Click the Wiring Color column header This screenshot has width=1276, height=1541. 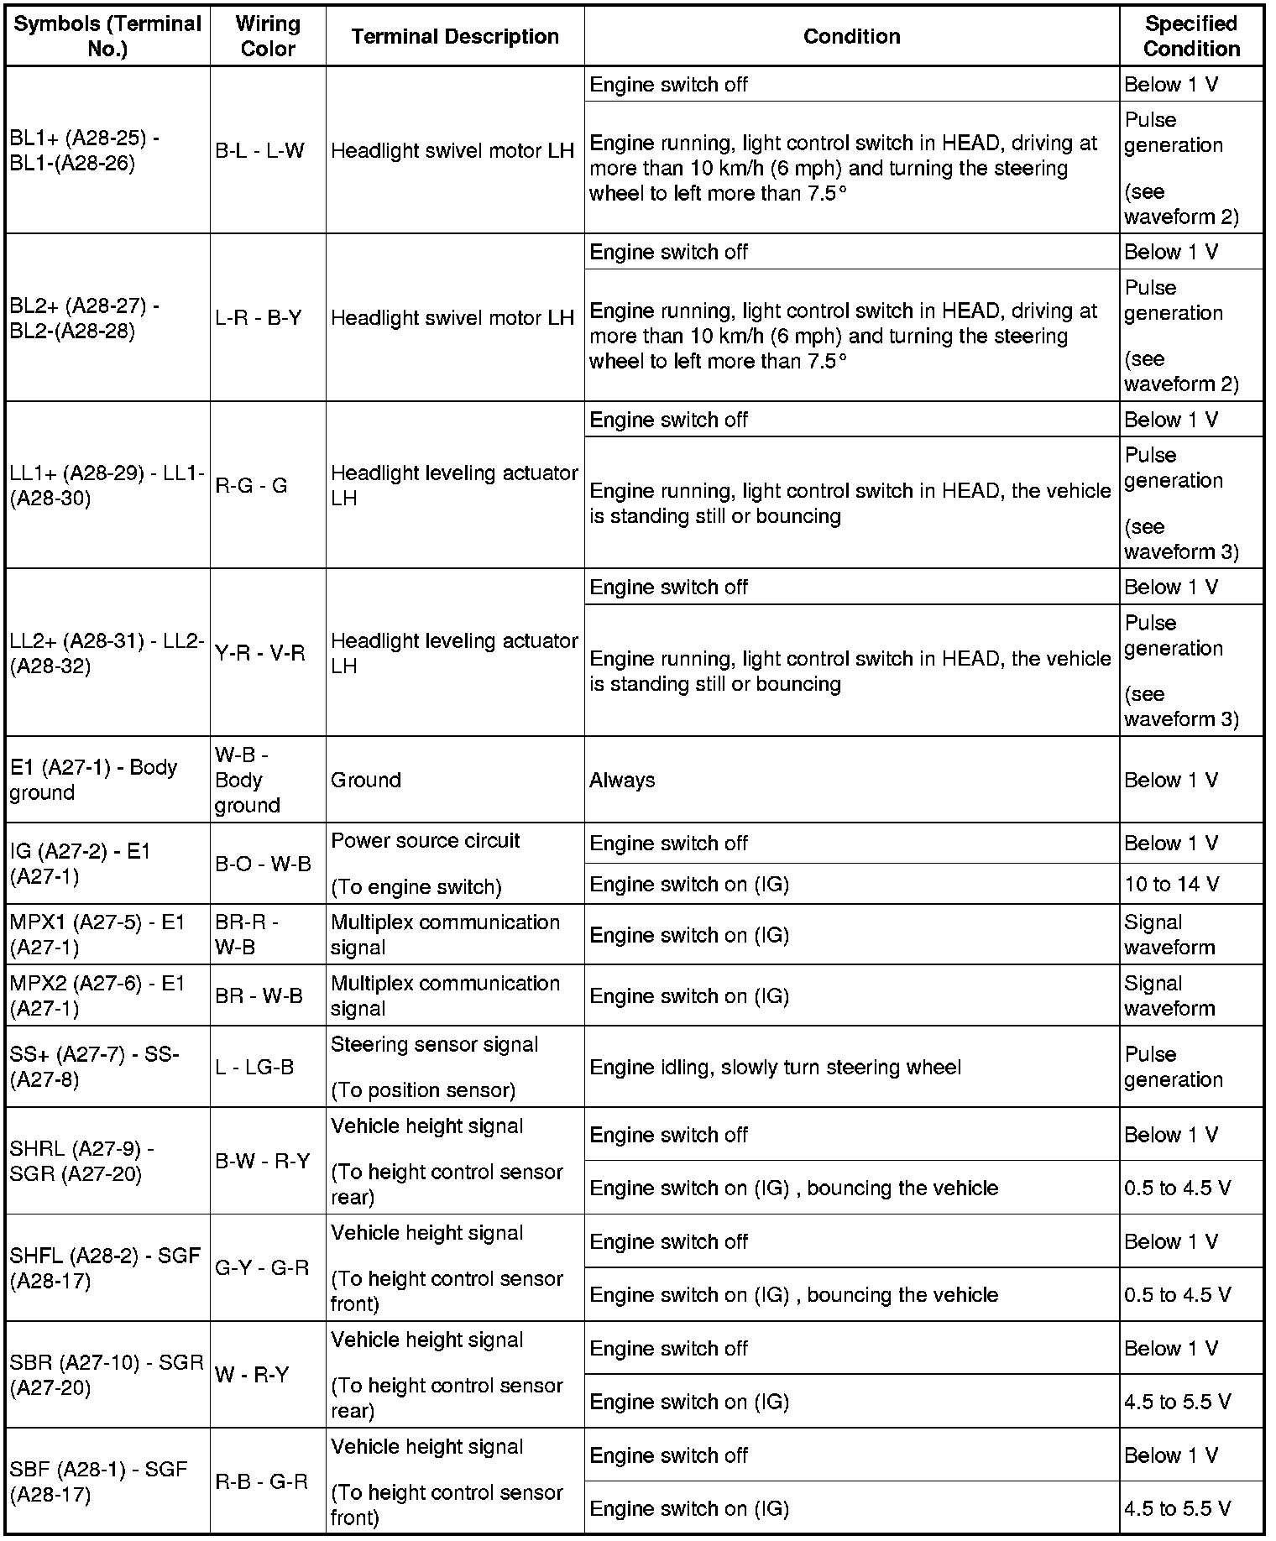(268, 36)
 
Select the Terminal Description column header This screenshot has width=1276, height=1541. (455, 36)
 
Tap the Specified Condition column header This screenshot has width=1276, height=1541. (1190, 36)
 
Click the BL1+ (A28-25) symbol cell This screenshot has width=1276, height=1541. (107, 150)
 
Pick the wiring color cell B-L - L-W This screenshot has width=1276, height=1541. (260, 150)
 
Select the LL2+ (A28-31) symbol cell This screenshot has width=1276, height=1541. (107, 653)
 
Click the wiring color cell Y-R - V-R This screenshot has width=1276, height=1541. (260, 653)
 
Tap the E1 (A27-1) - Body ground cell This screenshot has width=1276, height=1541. (107, 780)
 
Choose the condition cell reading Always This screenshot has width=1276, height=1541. (622, 780)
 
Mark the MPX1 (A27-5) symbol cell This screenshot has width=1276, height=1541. (107, 934)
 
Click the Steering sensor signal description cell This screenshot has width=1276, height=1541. (435, 1067)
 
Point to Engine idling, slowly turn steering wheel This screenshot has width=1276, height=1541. (775, 1067)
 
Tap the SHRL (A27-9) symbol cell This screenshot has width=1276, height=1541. (107, 1161)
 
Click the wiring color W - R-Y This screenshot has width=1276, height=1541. (252, 1374)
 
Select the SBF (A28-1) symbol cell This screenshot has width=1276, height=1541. (107, 1481)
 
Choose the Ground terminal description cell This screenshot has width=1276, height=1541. (366, 780)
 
